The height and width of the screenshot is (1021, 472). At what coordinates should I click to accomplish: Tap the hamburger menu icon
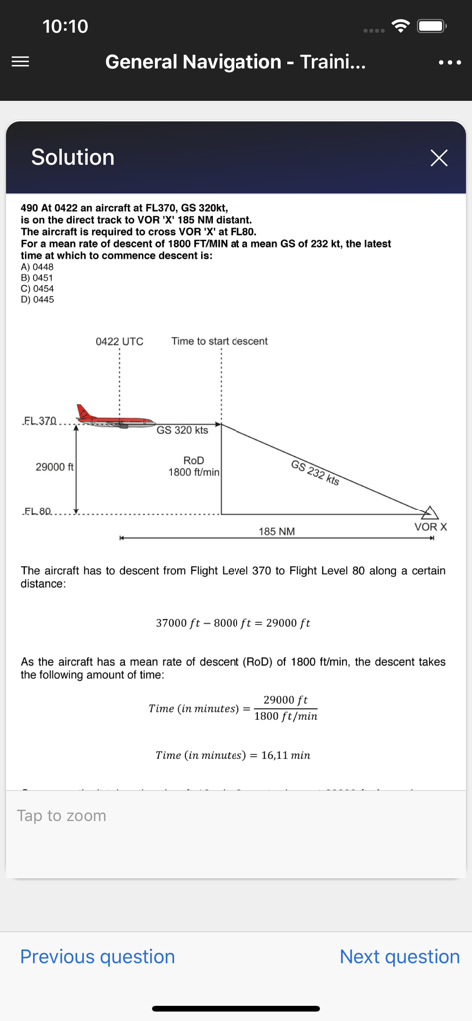[20, 61]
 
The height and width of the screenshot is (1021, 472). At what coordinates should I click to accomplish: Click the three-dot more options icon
[448, 62]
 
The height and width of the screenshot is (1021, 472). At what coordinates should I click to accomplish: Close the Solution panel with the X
[439, 157]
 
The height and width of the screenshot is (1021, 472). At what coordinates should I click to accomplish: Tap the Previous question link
[97, 957]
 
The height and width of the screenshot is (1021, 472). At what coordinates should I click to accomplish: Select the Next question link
[399, 957]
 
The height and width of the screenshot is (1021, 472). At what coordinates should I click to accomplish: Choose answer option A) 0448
[37, 267]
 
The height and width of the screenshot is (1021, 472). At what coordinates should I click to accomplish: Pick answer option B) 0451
[37, 278]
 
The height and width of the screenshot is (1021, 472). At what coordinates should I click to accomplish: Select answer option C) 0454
[37, 289]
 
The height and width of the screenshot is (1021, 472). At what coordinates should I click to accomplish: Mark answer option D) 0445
[37, 300]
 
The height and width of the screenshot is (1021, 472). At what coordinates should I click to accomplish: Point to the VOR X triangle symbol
[430, 512]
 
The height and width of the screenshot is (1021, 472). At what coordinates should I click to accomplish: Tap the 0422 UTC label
[119, 341]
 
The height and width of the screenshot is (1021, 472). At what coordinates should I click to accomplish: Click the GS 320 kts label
[182, 431]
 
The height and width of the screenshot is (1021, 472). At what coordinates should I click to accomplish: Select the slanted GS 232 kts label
[315, 472]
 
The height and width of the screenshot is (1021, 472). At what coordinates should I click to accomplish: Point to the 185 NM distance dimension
[277, 532]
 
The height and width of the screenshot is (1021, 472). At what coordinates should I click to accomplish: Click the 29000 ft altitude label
[49, 467]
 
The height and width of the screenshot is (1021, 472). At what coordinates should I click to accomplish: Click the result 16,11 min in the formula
[283, 755]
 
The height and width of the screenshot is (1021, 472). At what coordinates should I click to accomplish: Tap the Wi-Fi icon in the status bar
[401, 26]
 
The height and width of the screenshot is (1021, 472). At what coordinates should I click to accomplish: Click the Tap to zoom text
[61, 816]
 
